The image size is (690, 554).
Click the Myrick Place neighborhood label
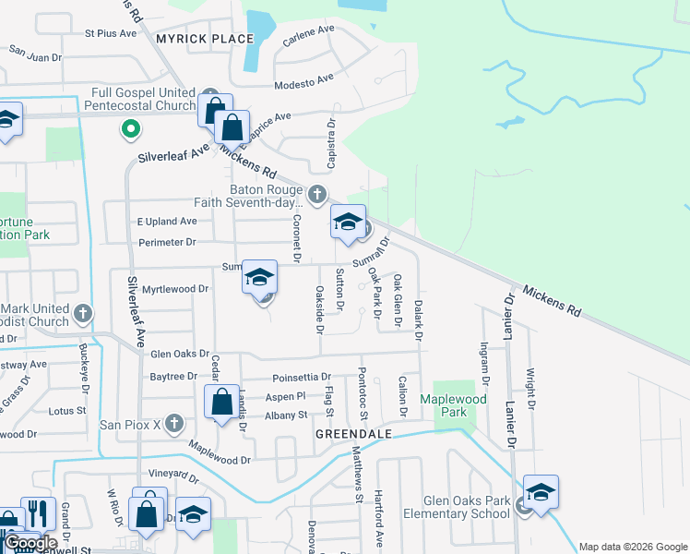(x=204, y=39)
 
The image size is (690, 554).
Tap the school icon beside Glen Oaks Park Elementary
(x=541, y=491)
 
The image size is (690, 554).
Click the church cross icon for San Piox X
(x=175, y=426)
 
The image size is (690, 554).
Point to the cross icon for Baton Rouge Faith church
(x=317, y=194)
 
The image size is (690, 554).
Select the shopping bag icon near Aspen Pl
(x=221, y=403)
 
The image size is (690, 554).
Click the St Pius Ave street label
(x=110, y=33)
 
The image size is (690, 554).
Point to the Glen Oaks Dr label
(x=181, y=354)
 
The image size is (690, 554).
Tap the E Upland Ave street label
(x=167, y=222)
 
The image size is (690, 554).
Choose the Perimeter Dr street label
(x=166, y=242)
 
